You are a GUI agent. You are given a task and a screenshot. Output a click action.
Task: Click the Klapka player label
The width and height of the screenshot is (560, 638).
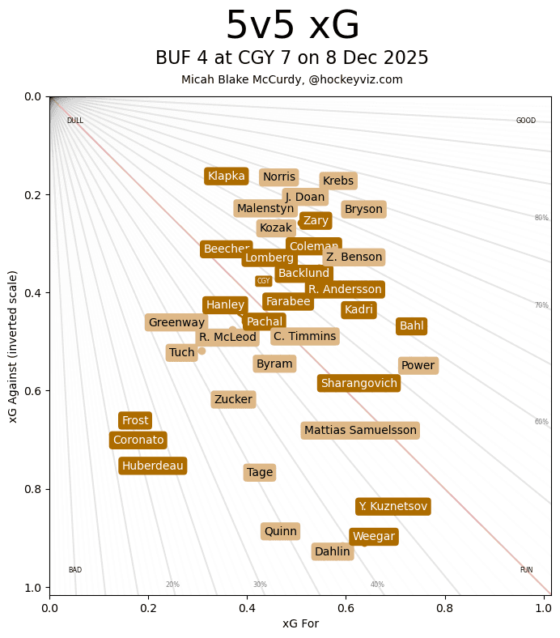coord(226,177)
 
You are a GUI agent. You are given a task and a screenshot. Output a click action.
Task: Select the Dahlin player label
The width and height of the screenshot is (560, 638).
coord(332,552)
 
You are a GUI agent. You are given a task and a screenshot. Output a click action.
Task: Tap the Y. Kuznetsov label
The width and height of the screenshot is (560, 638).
coord(392,507)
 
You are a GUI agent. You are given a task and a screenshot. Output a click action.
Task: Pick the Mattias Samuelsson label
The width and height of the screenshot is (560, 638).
coord(360,431)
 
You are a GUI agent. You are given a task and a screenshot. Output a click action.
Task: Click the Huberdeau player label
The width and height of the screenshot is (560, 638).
coord(153,466)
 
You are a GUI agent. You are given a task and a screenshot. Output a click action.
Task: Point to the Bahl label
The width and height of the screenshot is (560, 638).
coord(411,326)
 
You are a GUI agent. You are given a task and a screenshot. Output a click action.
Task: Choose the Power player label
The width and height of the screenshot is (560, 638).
coord(418,366)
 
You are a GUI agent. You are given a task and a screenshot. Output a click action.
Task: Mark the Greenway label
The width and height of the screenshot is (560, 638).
coord(176,323)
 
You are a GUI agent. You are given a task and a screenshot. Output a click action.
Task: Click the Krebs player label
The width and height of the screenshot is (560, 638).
coord(337,181)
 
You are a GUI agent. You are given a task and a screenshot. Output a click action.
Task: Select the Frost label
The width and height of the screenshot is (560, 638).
coord(135,421)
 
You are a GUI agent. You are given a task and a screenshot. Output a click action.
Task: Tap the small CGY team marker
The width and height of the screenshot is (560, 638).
coord(263,281)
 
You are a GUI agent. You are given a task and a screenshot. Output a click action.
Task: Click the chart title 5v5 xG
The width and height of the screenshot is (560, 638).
coord(292,26)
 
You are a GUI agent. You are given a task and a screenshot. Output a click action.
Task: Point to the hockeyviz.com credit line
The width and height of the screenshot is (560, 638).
coord(292,79)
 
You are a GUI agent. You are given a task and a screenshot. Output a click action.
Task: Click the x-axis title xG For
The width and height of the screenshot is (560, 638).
coord(300,623)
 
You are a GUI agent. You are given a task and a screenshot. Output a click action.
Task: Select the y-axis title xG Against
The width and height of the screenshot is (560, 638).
coord(12,346)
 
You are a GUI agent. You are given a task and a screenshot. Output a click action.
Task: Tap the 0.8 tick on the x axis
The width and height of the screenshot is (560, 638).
coord(444,605)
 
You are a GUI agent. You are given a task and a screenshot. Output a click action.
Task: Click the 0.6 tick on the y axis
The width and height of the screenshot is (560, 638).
coord(32,391)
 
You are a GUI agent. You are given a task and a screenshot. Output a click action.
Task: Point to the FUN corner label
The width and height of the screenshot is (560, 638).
coord(526,570)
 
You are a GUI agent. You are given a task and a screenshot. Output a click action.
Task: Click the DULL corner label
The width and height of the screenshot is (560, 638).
coord(75,121)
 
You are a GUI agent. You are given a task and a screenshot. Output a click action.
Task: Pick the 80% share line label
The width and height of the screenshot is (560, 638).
coord(541,218)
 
